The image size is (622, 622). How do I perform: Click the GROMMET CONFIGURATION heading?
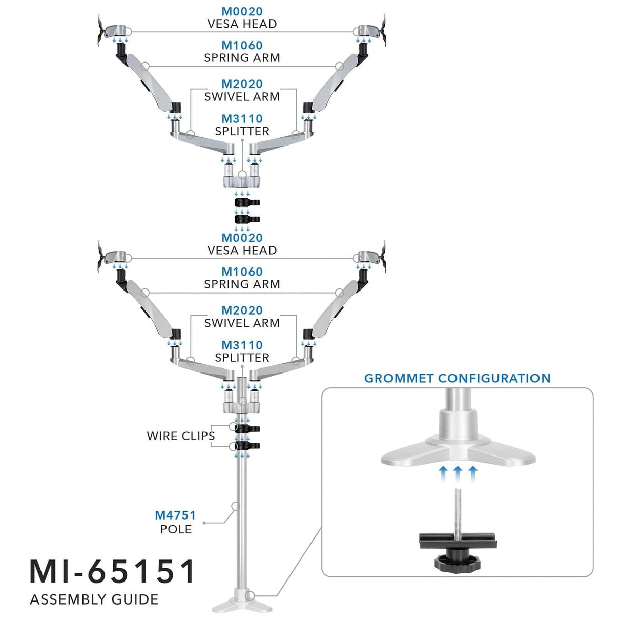(457, 378)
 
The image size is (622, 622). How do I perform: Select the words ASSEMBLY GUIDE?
(94, 599)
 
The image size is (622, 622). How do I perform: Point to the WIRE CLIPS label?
(180, 436)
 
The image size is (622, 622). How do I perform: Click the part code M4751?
(175, 515)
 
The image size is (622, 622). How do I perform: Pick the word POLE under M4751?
(176, 529)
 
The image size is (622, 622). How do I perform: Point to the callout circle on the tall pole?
(235, 506)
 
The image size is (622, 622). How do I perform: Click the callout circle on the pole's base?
(250, 596)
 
